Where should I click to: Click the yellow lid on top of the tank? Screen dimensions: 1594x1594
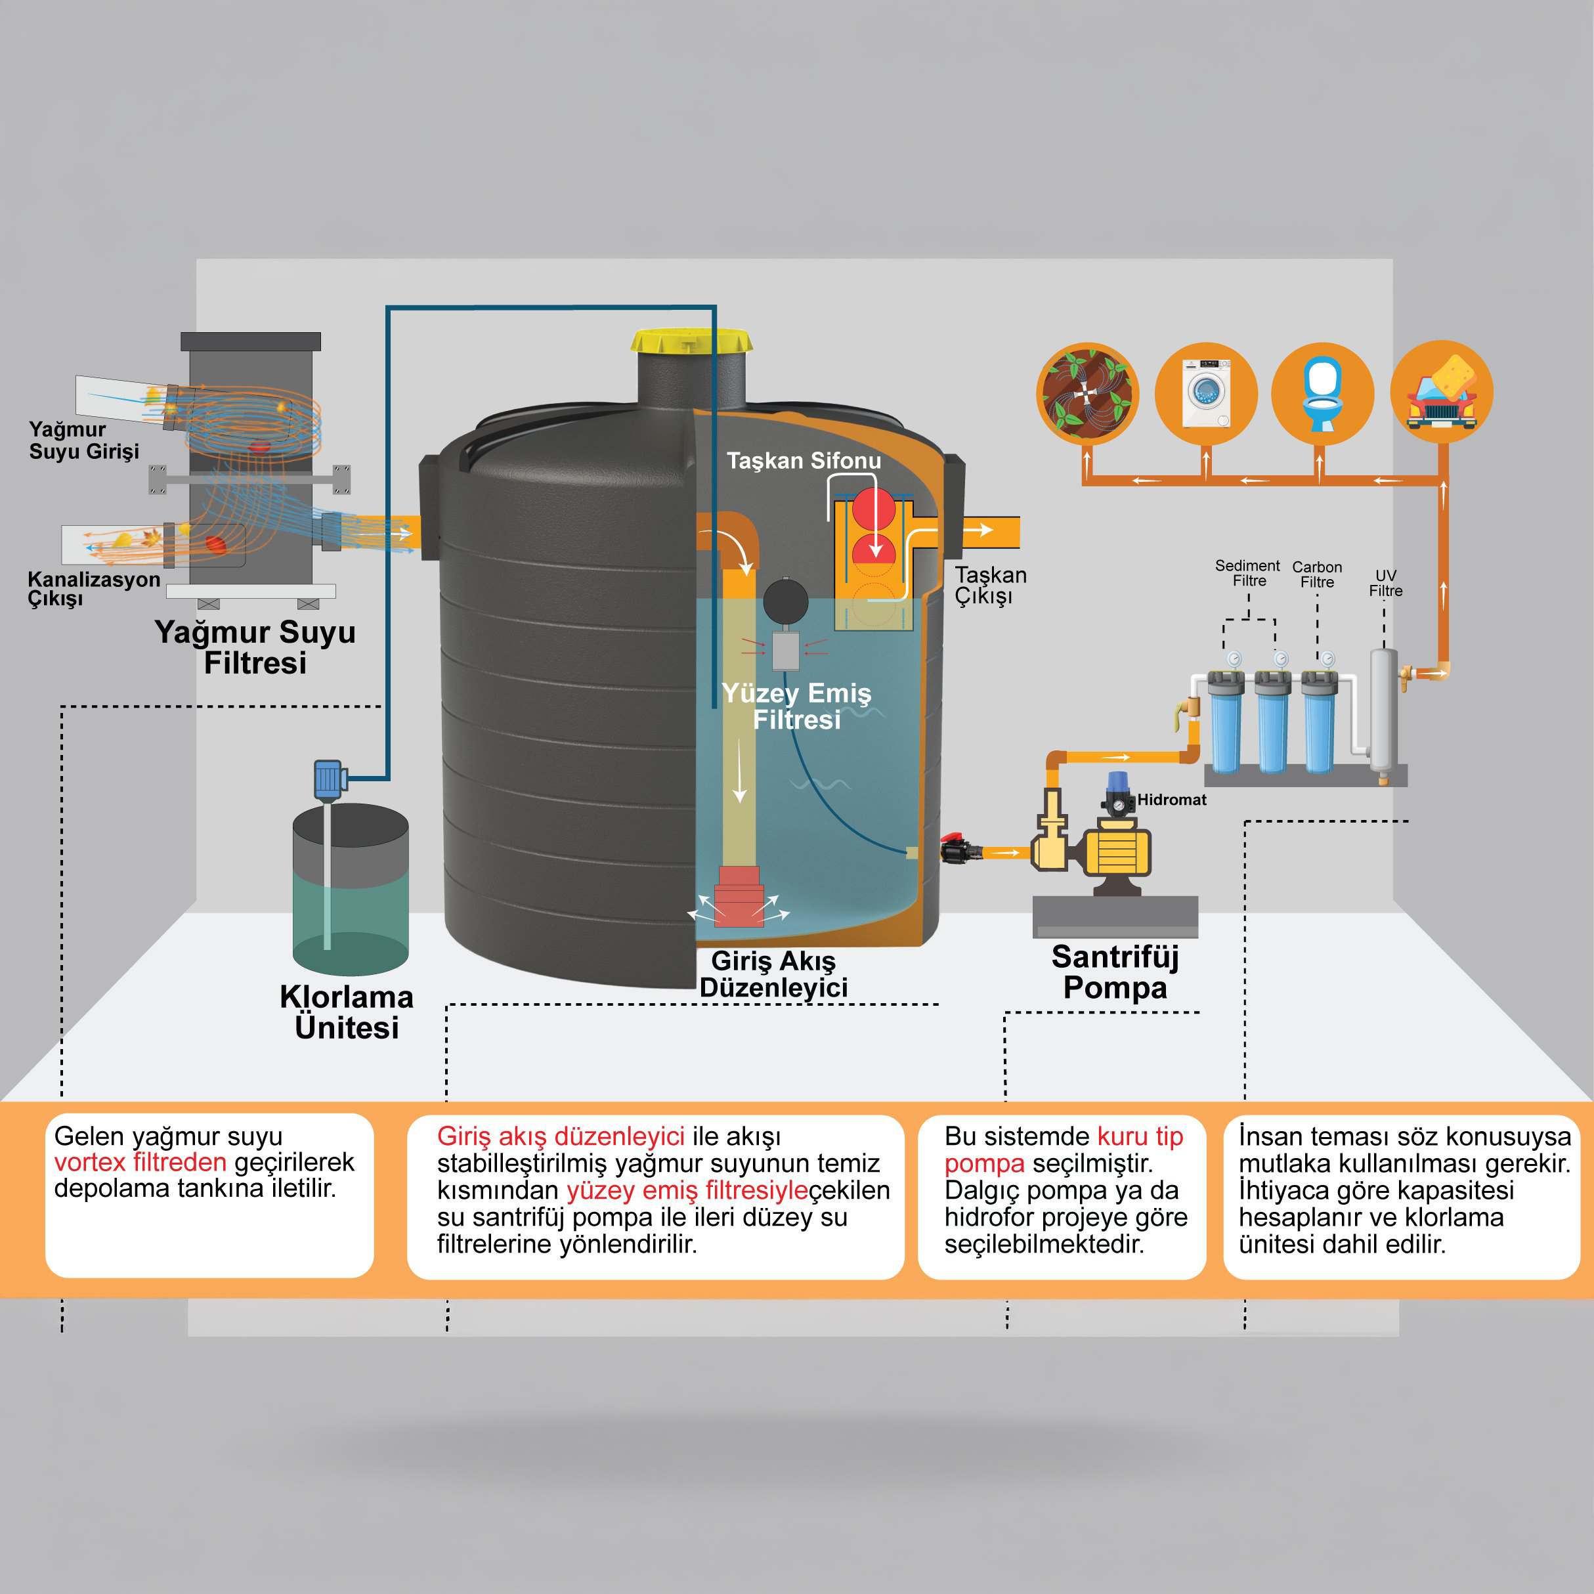click(x=691, y=340)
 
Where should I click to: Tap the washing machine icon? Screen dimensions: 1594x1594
click(x=1205, y=393)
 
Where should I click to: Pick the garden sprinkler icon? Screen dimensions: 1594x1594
click(x=1087, y=393)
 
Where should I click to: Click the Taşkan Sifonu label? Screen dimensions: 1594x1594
click(x=804, y=460)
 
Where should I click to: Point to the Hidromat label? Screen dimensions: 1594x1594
click(x=1172, y=800)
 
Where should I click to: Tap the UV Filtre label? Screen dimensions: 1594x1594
click(x=1385, y=582)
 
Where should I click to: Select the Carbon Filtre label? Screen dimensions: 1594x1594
click(x=1317, y=574)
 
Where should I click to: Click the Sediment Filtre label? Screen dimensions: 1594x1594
click(x=1247, y=572)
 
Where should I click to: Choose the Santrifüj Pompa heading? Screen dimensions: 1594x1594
click(x=1115, y=972)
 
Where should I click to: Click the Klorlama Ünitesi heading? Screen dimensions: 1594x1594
click(x=347, y=1012)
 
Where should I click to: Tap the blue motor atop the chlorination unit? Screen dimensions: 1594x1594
click(x=328, y=778)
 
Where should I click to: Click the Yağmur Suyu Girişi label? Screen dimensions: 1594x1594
click(x=83, y=440)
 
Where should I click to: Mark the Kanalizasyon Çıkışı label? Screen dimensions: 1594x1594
click(x=93, y=588)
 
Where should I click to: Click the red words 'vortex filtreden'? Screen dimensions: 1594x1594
click(x=140, y=1163)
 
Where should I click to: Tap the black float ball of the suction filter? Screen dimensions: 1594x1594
click(x=785, y=601)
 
